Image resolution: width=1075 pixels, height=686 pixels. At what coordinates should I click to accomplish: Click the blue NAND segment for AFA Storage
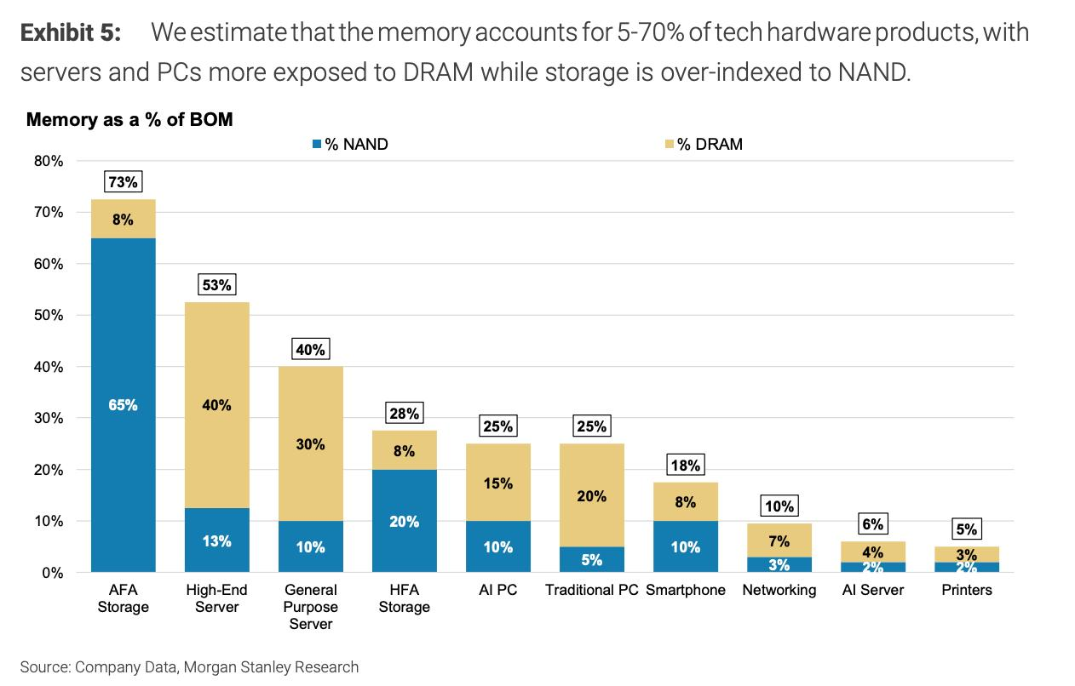pos(123,405)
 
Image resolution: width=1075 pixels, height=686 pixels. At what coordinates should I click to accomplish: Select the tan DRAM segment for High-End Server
pos(216,405)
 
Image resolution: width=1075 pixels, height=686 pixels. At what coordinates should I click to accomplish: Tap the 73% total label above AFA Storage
pos(123,181)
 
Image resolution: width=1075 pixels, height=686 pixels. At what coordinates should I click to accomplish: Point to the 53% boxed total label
pos(216,284)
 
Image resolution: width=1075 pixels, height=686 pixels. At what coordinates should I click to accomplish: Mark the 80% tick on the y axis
pos(49,161)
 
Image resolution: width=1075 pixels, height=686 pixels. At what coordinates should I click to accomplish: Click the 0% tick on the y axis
pos(53,573)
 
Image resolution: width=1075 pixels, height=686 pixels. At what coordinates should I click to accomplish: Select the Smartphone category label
pos(686,590)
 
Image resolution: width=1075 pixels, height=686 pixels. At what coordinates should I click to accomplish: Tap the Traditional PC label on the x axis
pos(591,590)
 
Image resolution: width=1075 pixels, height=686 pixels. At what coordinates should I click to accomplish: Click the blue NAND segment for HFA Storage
pos(404,521)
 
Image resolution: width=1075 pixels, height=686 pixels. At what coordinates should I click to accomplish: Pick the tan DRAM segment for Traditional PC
pos(591,495)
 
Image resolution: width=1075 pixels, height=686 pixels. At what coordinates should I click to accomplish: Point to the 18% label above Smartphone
pos(686,465)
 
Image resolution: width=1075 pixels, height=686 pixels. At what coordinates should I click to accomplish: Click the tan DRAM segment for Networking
pos(779,540)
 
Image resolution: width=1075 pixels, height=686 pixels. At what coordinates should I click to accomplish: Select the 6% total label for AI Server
pos(872,524)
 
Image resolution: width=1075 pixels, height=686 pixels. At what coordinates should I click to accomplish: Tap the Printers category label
pos(967,590)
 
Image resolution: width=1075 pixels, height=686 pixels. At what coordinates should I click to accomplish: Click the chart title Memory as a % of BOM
pos(129,119)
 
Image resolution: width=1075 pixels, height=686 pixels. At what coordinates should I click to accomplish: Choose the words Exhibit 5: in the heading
pos(70,33)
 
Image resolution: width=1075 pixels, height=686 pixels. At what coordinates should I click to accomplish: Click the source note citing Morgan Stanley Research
pos(189,667)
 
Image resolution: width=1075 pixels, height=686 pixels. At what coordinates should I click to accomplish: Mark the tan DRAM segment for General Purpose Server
pos(310,443)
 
